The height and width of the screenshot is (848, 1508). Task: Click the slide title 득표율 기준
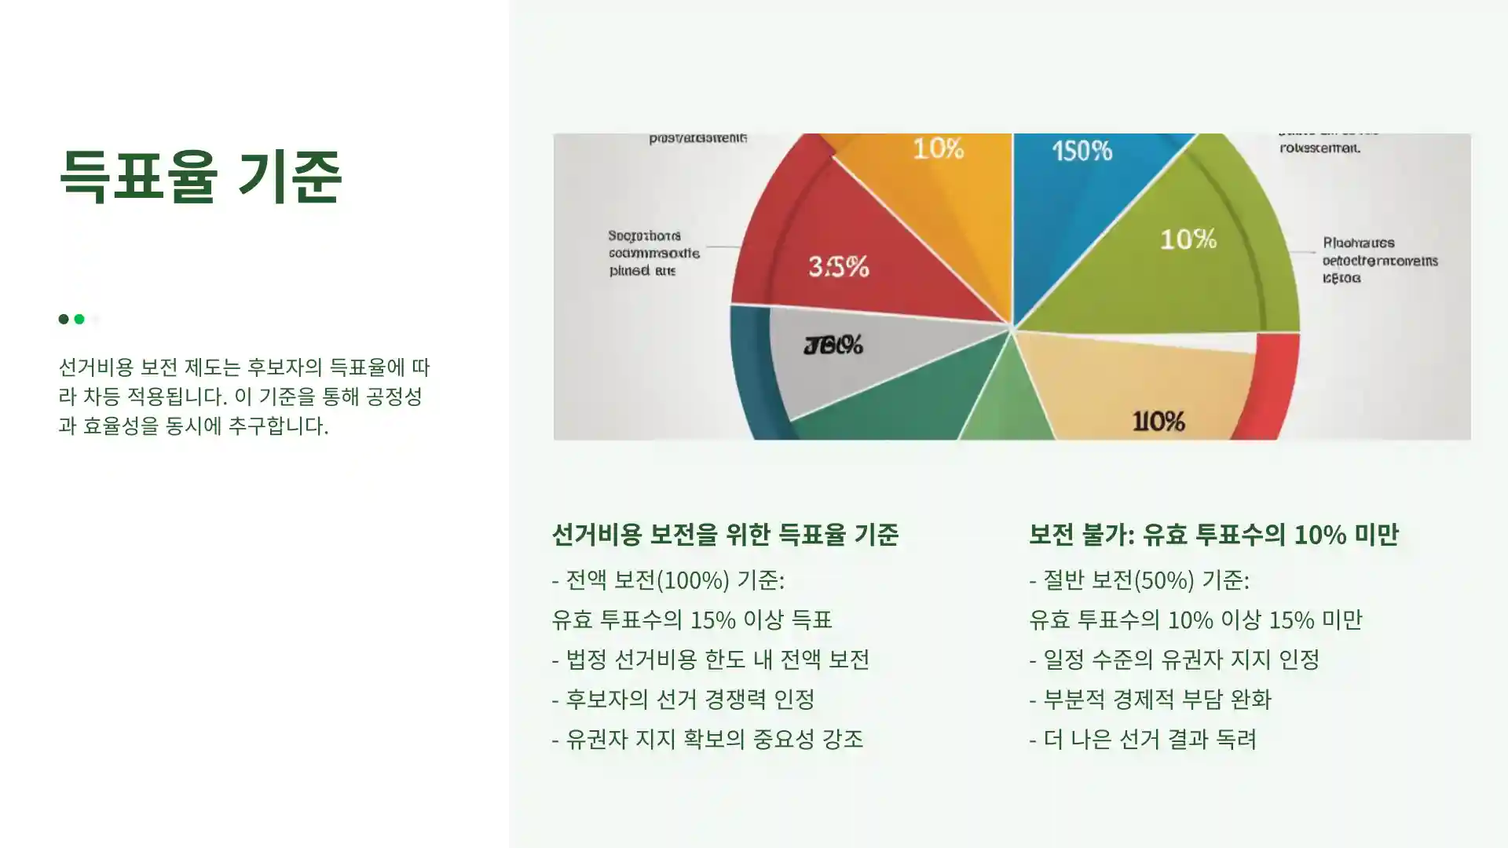[200, 177]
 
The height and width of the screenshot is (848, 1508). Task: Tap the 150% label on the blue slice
[1082, 151]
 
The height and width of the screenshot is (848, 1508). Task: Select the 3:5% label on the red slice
[838, 267]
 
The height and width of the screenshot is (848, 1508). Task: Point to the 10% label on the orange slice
[938, 148]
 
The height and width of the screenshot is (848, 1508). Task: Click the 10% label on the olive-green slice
[1188, 239]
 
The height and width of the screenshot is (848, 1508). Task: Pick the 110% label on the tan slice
[1158, 422]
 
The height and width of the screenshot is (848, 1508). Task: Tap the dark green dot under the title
[64, 319]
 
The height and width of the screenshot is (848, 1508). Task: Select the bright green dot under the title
[79, 319]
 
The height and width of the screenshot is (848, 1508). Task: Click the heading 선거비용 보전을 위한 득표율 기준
[724, 535]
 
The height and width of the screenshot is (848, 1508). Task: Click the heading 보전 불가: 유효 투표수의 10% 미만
[1213, 535]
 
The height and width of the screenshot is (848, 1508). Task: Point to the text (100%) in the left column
[692, 580]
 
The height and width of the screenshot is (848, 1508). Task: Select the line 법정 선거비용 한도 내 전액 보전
[716, 660]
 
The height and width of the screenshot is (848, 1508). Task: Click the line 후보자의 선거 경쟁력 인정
[690, 700]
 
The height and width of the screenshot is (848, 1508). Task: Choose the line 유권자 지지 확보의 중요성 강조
[713, 740]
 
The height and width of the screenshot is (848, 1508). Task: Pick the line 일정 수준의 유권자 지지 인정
[1180, 660]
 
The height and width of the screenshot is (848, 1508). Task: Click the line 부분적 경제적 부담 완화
[1156, 700]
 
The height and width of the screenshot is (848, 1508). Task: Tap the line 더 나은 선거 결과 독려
[1149, 740]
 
